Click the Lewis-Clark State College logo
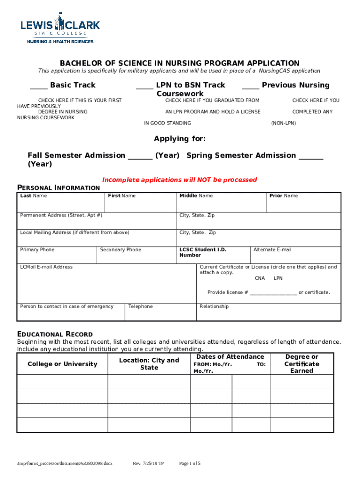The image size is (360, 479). click(60, 29)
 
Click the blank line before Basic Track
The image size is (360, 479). click(38, 87)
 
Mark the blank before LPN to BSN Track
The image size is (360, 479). click(144, 87)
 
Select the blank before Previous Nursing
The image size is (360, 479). click(250, 87)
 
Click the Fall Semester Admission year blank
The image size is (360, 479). click(140, 158)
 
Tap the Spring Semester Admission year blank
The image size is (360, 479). click(310, 158)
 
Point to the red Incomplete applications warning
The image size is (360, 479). click(180, 180)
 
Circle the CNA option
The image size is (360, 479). click(260, 278)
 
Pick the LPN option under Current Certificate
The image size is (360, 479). click(278, 278)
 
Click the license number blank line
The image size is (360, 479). click(273, 293)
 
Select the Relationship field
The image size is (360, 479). click(268, 313)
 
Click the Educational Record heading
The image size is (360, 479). click(55, 334)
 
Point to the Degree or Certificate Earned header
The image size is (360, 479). click(302, 363)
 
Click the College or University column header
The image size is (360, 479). click(62, 364)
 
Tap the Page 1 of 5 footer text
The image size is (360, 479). click(190, 464)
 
